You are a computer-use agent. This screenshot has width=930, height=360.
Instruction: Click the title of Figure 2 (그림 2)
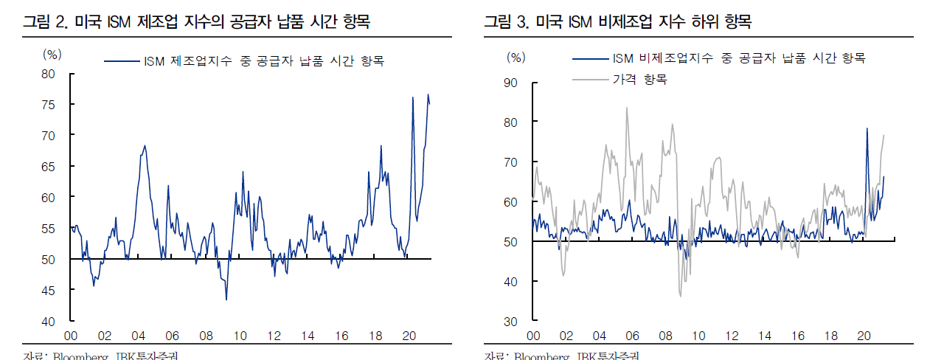pyautogui.click(x=195, y=22)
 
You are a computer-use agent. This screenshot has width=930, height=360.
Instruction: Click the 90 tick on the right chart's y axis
pyautogui.click(x=510, y=83)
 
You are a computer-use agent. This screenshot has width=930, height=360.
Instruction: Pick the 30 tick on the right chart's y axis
pyautogui.click(x=510, y=322)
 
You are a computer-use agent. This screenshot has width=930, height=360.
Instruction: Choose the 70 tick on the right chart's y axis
pyautogui.click(x=510, y=162)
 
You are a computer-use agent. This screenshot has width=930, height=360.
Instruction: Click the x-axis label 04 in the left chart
pyautogui.click(x=139, y=336)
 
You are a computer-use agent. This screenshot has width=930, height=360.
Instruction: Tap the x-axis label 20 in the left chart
pyautogui.click(x=409, y=336)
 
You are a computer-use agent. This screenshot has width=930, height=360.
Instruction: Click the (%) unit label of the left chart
pyautogui.click(x=52, y=53)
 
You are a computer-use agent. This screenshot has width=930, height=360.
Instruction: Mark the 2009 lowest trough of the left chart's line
pyautogui.click(x=226, y=299)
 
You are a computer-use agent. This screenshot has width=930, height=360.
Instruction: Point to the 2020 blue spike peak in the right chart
pyautogui.click(x=867, y=129)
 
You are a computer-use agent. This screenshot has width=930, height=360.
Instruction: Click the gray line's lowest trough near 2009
pyautogui.click(x=680, y=296)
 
